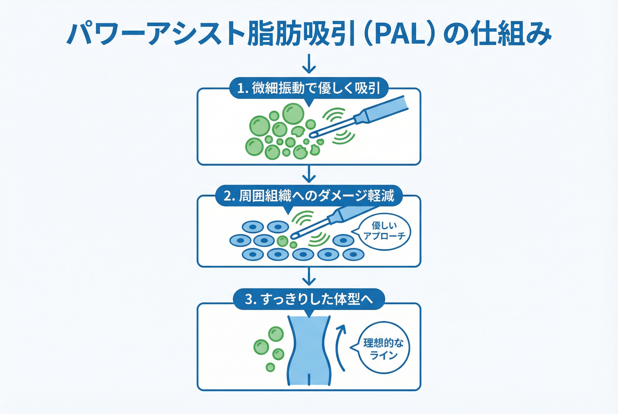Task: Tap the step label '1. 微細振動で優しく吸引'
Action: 309,88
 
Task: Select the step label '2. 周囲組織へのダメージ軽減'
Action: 309,196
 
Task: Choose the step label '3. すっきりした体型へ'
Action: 309,299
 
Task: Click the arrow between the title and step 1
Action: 309,64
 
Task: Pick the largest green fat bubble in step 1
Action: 293,114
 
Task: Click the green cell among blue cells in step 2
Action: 282,241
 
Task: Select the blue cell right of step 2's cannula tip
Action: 343,240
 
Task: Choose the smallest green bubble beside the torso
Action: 270,367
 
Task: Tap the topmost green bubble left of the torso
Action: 276,334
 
